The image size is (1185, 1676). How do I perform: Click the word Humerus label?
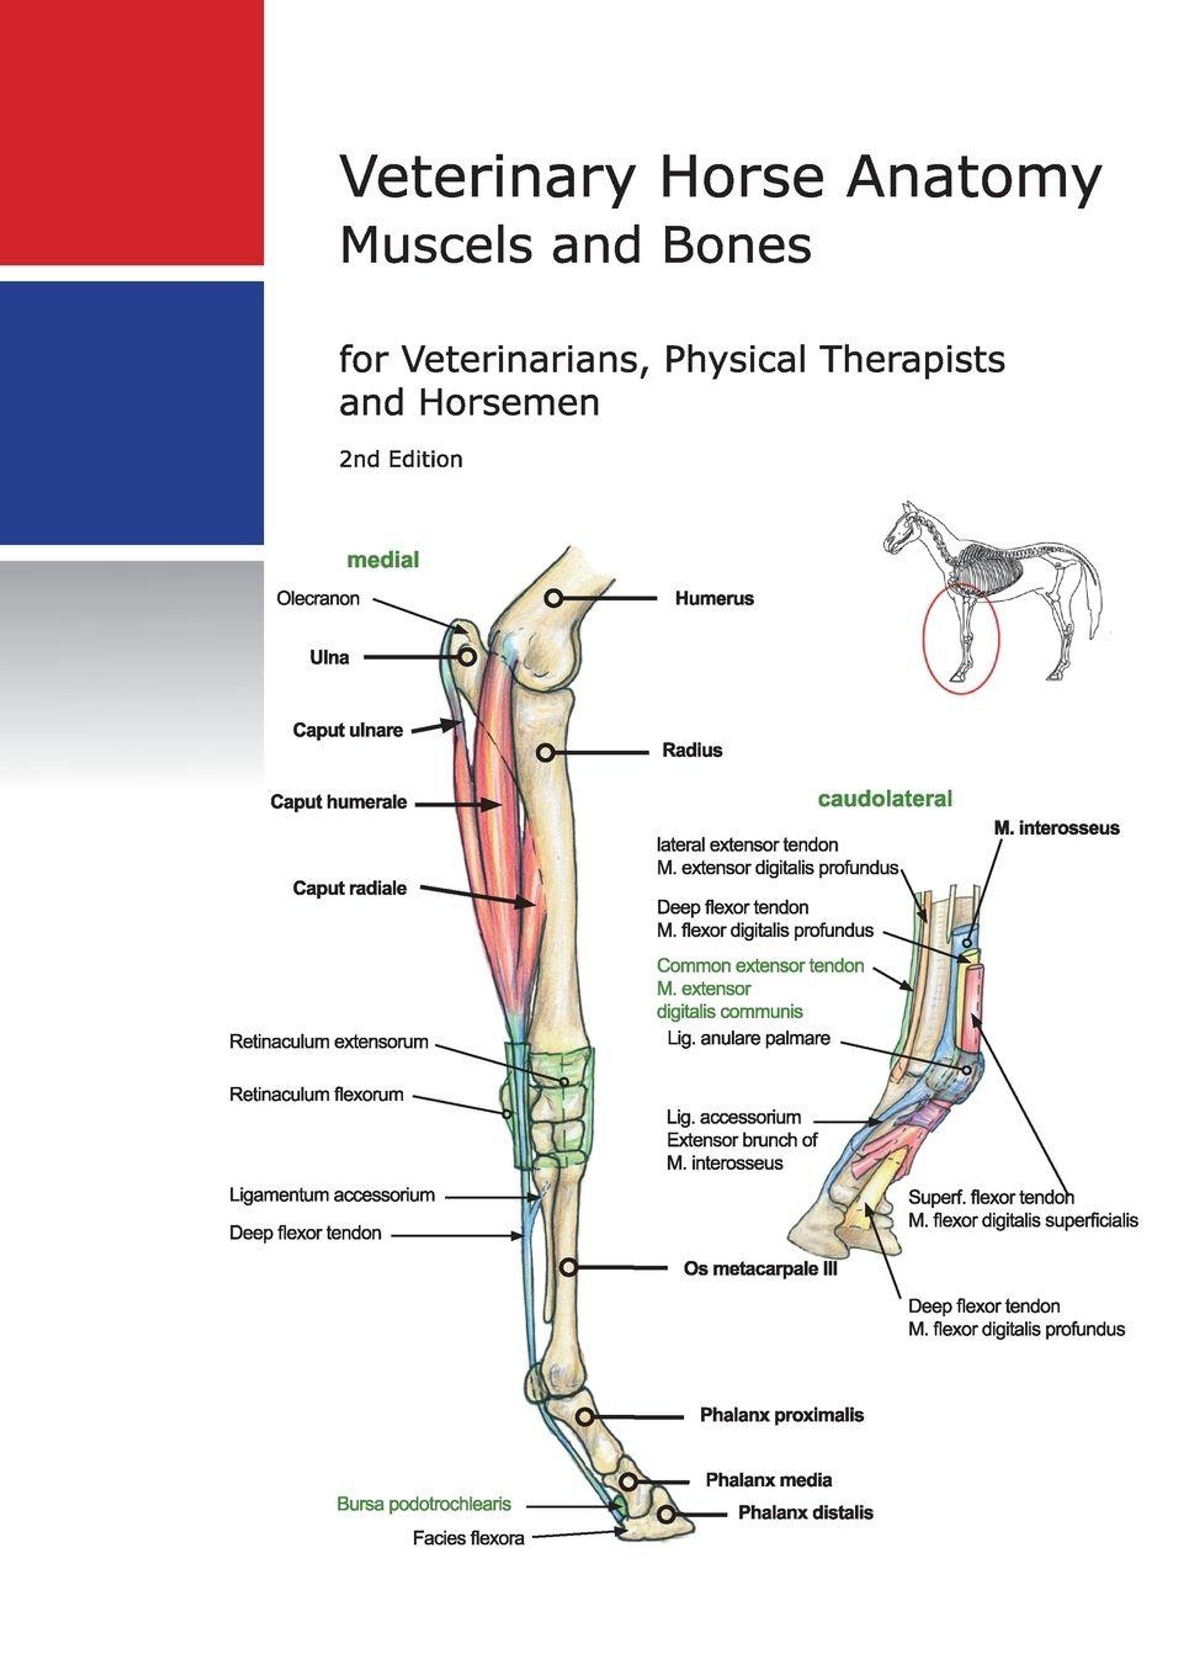pos(713,599)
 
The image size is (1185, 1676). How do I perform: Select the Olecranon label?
pos(317,599)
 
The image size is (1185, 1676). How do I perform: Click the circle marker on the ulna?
pos(467,657)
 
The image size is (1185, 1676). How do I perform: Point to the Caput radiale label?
pos(350,888)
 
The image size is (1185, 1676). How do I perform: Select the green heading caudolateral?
pos(885,799)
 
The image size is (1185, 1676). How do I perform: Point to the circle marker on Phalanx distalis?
pos(666,1514)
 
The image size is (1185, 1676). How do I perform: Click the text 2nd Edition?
pos(400,459)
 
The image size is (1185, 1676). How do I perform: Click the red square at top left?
pos(131,132)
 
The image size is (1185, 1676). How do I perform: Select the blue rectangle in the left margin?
pos(131,412)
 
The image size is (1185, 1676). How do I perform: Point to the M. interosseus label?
pos(1057,828)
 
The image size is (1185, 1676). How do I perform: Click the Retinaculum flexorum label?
pos(316,1094)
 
